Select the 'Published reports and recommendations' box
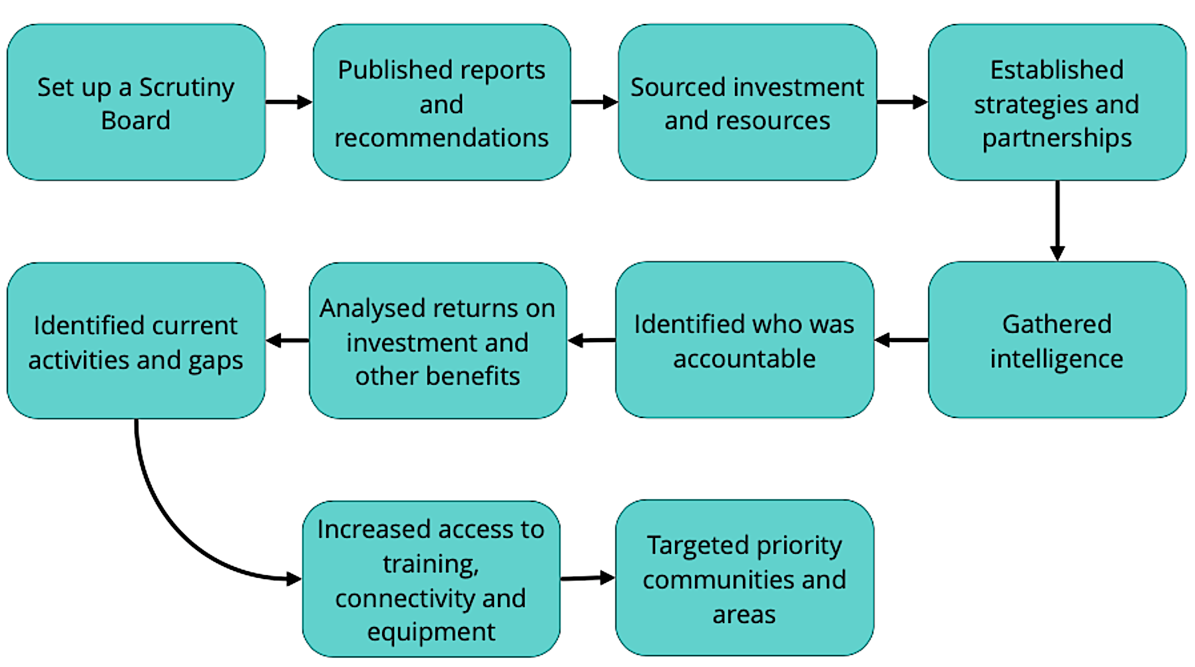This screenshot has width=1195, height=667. [x=441, y=103]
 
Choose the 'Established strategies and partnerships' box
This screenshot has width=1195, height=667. [x=1057, y=103]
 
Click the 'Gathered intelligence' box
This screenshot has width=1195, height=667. [x=1057, y=340]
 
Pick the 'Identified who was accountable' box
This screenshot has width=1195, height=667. [x=744, y=340]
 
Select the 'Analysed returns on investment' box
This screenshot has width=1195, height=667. [x=437, y=341]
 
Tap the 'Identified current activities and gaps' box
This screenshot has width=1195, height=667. [x=136, y=341]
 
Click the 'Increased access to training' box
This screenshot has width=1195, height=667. [x=431, y=579]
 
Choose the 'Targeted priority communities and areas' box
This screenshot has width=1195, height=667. [x=744, y=578]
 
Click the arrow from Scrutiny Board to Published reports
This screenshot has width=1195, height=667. [x=288, y=102]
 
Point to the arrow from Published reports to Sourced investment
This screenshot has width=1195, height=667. [x=594, y=102]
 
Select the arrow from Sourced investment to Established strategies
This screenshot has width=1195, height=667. [x=902, y=102]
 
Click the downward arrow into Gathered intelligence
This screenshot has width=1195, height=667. [x=1057, y=220]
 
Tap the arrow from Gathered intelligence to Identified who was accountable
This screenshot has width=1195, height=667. [x=901, y=340]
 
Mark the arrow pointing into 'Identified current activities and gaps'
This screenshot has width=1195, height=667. [x=288, y=341]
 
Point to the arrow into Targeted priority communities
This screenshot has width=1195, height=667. [x=587, y=578]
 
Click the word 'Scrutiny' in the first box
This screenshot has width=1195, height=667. [x=186, y=88]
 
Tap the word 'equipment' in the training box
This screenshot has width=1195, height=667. [x=431, y=632]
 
